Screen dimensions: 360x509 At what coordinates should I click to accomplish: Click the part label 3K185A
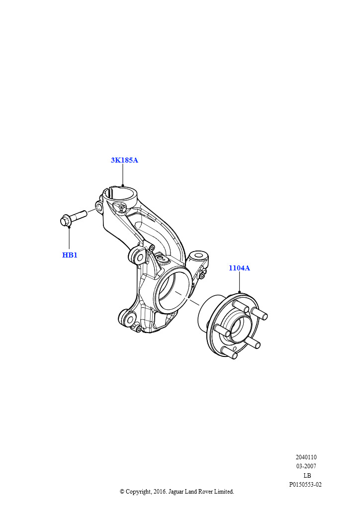tap(124, 160)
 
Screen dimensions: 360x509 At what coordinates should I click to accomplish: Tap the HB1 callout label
tap(70, 255)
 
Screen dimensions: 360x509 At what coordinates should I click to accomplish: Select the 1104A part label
tap(239, 268)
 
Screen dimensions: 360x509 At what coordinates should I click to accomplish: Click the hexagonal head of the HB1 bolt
tap(65, 221)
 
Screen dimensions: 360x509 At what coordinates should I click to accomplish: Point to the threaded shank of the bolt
tap(78, 216)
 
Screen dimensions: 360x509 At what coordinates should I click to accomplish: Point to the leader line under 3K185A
tap(123, 175)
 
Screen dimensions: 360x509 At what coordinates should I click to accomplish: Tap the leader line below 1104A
tap(239, 282)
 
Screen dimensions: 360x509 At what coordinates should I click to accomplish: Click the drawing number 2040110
tap(306, 457)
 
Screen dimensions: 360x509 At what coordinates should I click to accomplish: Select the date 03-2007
tap(306, 466)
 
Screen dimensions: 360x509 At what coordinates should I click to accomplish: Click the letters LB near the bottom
tap(307, 475)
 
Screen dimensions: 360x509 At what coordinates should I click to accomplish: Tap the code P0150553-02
tap(305, 485)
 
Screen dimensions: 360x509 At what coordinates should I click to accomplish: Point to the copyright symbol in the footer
tap(122, 492)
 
